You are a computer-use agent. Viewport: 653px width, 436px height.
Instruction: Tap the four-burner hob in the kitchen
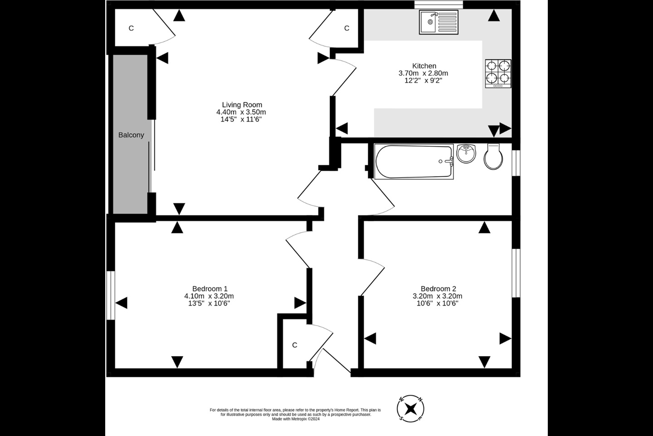pos(498,74)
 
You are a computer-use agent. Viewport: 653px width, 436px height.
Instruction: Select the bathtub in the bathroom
pos(414,161)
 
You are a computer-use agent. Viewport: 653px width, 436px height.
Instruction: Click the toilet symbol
pos(492,157)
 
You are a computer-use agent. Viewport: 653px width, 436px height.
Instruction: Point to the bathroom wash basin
pos(466,154)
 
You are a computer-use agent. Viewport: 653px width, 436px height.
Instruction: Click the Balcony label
pos(131,135)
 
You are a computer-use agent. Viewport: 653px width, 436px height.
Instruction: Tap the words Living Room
pos(242,104)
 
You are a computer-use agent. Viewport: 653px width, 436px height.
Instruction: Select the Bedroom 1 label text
pos(210,288)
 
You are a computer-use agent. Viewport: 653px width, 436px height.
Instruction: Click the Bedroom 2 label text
pos(438,288)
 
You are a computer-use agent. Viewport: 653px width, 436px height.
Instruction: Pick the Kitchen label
pos(424,66)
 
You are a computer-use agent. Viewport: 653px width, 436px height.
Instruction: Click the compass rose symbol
pos(411,408)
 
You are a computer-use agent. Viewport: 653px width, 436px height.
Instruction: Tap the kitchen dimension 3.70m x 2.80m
pos(423,73)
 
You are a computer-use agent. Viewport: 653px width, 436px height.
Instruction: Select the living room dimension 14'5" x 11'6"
pos(241,119)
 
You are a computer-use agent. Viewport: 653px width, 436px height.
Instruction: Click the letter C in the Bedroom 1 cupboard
pos(294,345)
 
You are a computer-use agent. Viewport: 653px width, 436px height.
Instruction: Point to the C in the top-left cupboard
pos(131,28)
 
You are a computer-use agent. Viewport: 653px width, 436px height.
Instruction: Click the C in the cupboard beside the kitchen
pos(346,28)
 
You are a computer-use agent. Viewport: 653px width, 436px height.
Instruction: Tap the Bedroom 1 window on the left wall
pos(110,295)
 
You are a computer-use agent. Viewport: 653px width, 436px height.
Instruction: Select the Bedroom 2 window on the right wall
pos(516,272)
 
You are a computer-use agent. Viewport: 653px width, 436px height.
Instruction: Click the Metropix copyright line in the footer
pos(296,419)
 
